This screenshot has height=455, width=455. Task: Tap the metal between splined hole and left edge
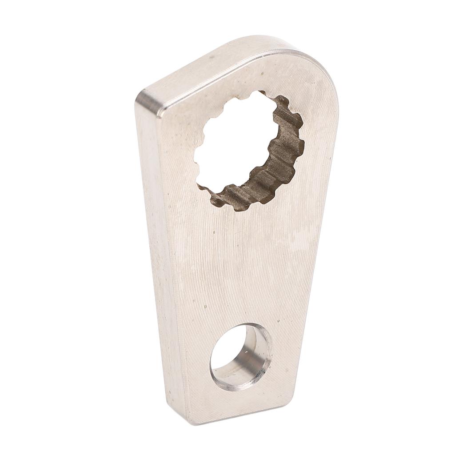[x=178, y=147]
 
